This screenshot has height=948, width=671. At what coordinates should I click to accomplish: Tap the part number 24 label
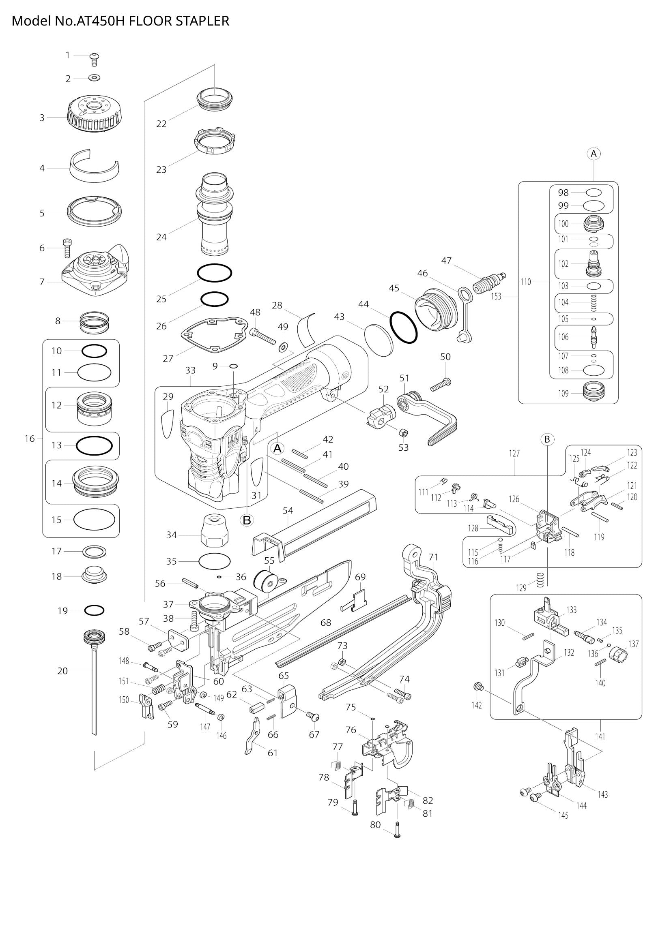(x=161, y=237)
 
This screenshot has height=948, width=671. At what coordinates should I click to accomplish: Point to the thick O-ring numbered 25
(x=214, y=272)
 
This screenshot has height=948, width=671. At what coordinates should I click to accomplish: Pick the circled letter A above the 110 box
(x=594, y=154)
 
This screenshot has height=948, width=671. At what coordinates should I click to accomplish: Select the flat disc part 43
(x=379, y=340)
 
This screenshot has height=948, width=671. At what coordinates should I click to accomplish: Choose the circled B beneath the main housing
(x=247, y=520)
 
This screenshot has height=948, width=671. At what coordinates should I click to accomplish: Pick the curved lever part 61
(x=252, y=736)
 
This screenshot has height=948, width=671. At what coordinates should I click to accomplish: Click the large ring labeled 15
(x=94, y=520)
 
